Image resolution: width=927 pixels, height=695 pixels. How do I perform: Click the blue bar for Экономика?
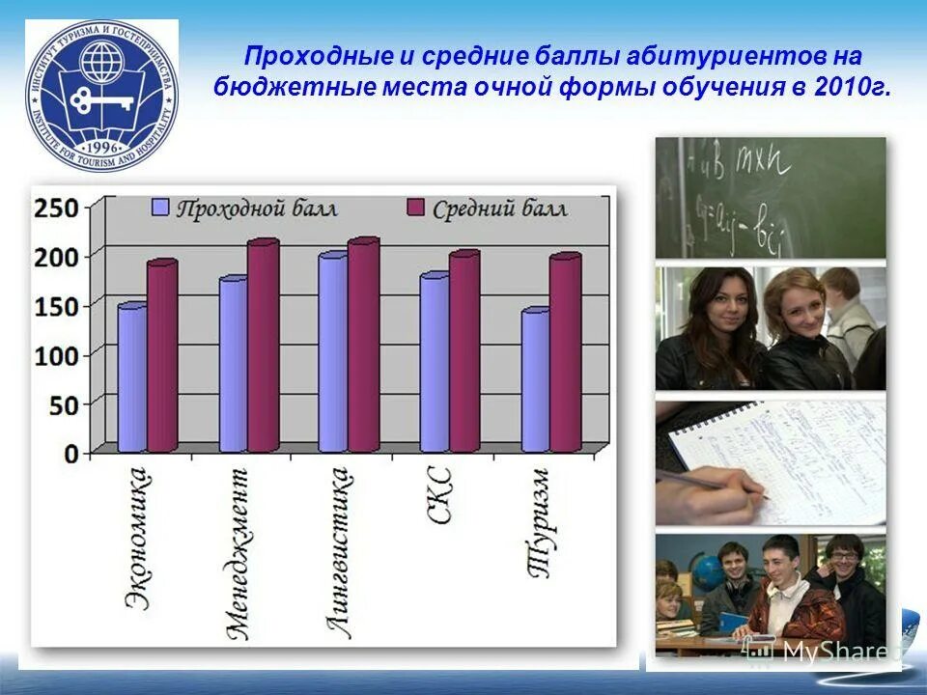coord(132,378)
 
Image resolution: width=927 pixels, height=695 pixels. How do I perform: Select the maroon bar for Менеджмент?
coord(262,347)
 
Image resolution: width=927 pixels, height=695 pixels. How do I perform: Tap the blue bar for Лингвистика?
coord(332,353)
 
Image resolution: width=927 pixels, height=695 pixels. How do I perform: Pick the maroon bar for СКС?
coord(463,353)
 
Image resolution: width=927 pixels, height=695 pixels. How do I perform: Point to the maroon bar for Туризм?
coord(565,354)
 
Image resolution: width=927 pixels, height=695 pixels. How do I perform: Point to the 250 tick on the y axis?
coord(56,207)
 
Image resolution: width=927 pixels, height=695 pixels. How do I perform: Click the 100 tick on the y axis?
coord(56,355)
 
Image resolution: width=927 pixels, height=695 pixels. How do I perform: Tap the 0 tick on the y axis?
coord(70,454)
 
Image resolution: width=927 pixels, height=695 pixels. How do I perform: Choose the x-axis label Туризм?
coord(540,522)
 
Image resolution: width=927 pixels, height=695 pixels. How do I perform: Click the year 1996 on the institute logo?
coord(100,147)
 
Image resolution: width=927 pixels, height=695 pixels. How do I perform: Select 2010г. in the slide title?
coord(854,88)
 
